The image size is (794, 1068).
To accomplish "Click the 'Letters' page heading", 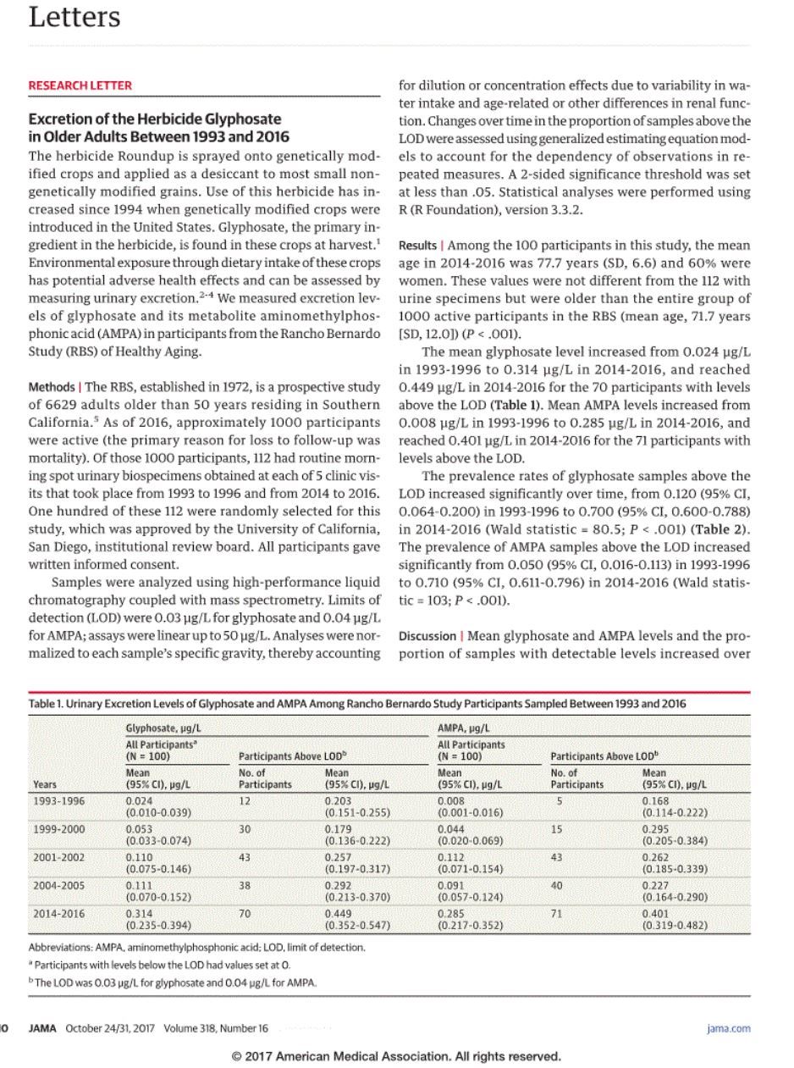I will tap(74, 17).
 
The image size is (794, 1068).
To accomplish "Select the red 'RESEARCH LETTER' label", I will tap(80, 86).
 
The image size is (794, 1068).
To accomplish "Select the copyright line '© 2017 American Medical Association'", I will tap(396, 1056).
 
